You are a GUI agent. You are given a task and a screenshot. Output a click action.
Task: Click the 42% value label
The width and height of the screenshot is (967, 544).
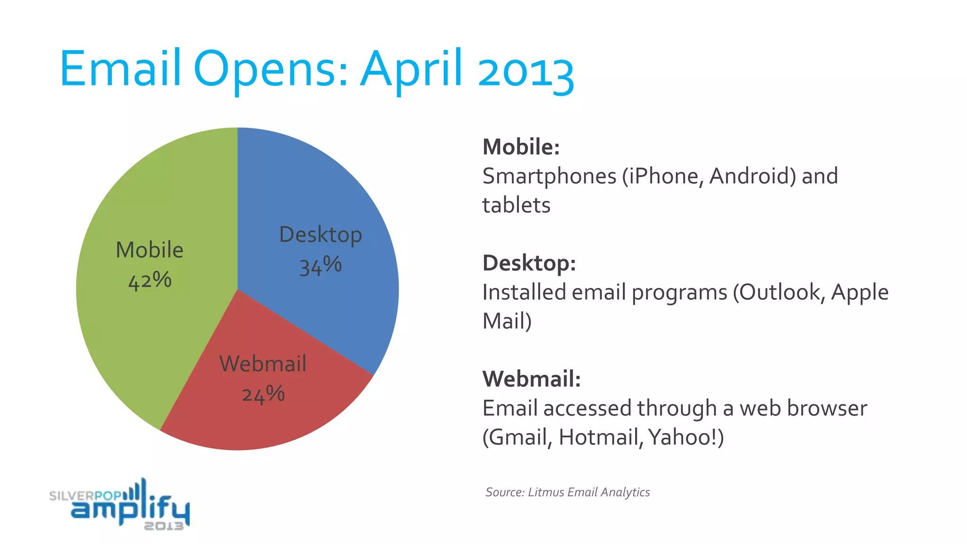tap(150, 280)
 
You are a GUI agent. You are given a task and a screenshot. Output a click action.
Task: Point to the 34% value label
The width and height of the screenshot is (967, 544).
tap(320, 266)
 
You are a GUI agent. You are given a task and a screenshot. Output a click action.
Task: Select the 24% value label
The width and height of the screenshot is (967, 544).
tap(263, 394)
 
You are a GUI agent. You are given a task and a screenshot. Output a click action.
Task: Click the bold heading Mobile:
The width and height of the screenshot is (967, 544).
tap(521, 147)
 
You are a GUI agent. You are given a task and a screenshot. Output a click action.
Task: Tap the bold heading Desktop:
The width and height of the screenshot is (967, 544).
tap(529, 263)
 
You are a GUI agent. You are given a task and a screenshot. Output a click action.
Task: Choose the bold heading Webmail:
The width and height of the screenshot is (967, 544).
tap(531, 379)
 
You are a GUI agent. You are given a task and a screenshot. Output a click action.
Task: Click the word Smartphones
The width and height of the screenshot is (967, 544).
tap(549, 177)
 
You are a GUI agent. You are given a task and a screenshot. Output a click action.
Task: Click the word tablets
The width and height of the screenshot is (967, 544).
tap(516, 205)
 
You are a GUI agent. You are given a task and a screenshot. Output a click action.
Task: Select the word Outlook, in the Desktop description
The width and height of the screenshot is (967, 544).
tap(782, 292)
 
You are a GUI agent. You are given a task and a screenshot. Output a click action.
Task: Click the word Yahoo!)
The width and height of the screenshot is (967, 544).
tap(686, 437)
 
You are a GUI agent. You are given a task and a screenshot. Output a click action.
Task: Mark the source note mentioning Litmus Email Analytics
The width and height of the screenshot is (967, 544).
tap(568, 492)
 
